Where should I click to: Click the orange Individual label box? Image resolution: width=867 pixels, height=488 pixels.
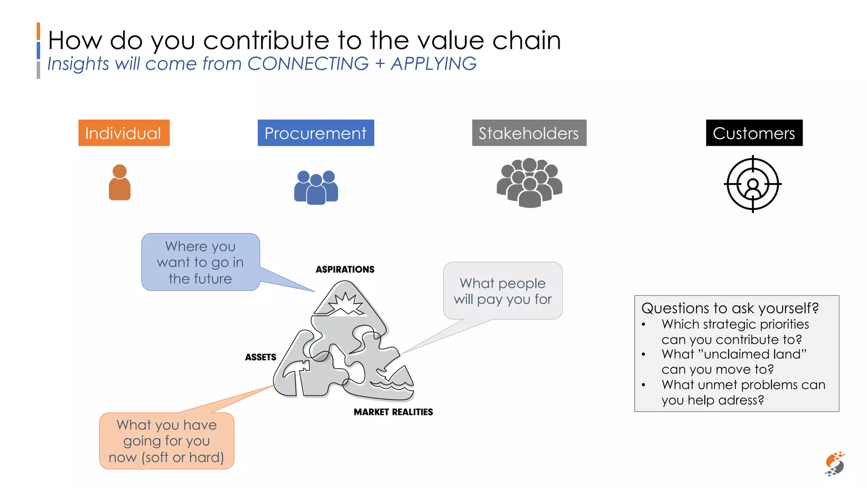(x=124, y=133)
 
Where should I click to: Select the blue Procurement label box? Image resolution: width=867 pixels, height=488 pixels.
(x=316, y=133)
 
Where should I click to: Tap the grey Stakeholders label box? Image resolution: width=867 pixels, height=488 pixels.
(x=529, y=133)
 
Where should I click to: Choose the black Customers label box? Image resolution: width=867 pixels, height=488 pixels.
(x=754, y=133)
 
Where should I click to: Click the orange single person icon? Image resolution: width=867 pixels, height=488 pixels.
(x=120, y=183)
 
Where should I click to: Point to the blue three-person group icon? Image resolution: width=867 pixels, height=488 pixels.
(x=316, y=187)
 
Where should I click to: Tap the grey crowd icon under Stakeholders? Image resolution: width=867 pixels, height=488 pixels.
(x=530, y=183)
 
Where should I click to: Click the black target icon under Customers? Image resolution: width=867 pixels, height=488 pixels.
(x=753, y=184)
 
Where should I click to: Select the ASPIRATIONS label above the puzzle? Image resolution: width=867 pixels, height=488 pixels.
(x=345, y=269)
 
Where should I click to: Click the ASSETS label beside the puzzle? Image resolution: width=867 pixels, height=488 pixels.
(x=260, y=357)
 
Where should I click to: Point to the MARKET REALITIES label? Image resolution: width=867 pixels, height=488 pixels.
(x=393, y=412)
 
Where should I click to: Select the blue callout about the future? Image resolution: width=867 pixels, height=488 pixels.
(x=200, y=262)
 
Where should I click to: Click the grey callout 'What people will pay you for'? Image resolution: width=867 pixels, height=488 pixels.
(x=503, y=291)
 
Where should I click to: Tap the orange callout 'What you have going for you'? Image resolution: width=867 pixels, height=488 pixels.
(x=166, y=441)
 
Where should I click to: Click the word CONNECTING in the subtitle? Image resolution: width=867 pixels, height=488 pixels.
(x=308, y=64)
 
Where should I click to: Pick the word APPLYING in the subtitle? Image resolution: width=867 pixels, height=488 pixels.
(x=433, y=64)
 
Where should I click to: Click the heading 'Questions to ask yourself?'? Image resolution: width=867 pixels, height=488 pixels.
(x=730, y=308)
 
